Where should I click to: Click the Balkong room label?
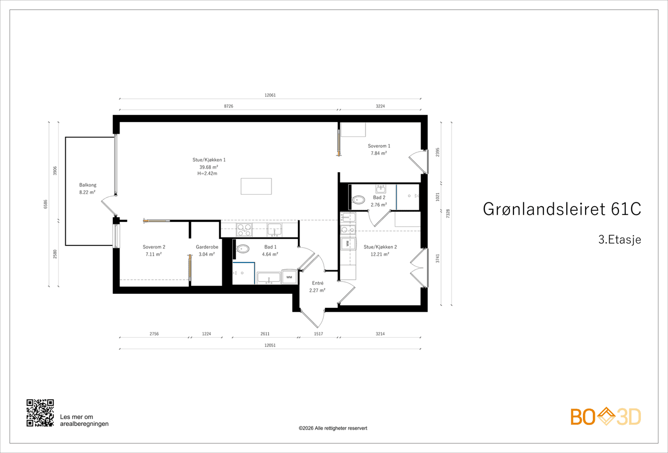tap(88, 185)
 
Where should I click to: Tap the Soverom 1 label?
tap(379, 146)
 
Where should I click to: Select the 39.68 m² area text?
tap(209, 167)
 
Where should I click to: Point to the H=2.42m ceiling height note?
tap(207, 173)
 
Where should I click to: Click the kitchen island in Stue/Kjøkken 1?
tap(256, 186)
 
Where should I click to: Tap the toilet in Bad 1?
tap(243, 249)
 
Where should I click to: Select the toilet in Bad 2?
tap(359, 199)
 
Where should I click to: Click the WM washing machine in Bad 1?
tap(289, 277)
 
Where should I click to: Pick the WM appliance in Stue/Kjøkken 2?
tap(348, 243)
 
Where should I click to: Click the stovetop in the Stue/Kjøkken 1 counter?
tap(244, 230)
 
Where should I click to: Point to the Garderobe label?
tap(207, 247)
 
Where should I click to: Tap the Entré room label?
tap(318, 283)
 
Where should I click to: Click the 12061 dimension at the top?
tap(270, 95)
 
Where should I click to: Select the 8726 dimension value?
tap(229, 106)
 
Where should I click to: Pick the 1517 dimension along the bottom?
tap(318, 333)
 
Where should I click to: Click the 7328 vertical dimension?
tap(448, 213)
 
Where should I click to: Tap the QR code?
tap(40, 413)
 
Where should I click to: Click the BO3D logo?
tap(606, 416)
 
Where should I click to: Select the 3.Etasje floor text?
tap(619, 240)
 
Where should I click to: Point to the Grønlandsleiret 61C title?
tap(562, 209)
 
